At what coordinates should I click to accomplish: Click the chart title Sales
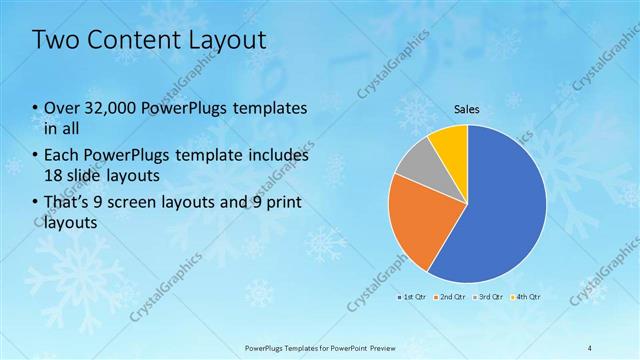coord(467,108)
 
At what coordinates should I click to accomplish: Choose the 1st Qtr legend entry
coord(414,297)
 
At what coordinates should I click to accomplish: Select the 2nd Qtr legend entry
coord(451,297)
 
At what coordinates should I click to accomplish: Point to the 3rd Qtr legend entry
coord(489,297)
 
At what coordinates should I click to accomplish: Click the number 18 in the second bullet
coord(54,175)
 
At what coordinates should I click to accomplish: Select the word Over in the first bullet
coord(62,107)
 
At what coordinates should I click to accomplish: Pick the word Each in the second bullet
coord(62,156)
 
